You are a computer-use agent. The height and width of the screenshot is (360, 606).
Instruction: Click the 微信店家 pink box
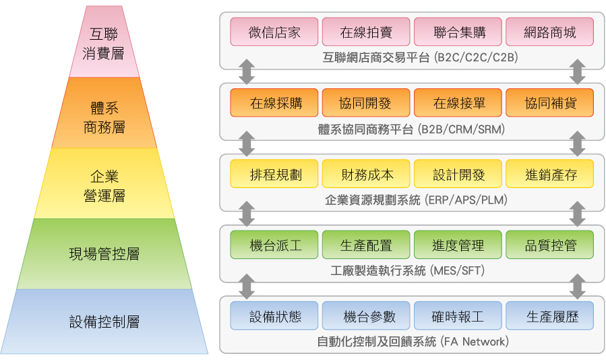274,32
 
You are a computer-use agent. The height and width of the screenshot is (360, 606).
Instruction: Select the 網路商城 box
549,32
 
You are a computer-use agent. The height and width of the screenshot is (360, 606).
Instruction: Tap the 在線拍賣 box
366,32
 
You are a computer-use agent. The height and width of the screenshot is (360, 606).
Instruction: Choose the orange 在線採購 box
274,103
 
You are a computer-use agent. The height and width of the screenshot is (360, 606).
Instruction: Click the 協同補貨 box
549,103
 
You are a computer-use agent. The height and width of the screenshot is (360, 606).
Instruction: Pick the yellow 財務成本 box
366,174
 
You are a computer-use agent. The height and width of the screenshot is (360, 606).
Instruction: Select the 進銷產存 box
549,174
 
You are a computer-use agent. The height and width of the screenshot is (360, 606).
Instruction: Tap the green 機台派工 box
274,245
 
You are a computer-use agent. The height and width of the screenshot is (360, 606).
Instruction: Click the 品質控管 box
549,245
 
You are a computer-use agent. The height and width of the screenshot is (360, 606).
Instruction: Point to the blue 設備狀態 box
274,316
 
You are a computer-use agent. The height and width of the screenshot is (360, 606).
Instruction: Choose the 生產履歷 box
549,316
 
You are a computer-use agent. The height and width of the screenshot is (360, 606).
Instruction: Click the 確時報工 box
458,316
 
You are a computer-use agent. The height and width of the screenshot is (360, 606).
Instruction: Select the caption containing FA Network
413,342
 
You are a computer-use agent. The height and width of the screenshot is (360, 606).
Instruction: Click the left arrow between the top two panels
247,71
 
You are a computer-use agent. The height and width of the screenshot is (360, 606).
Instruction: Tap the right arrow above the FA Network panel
577,286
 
